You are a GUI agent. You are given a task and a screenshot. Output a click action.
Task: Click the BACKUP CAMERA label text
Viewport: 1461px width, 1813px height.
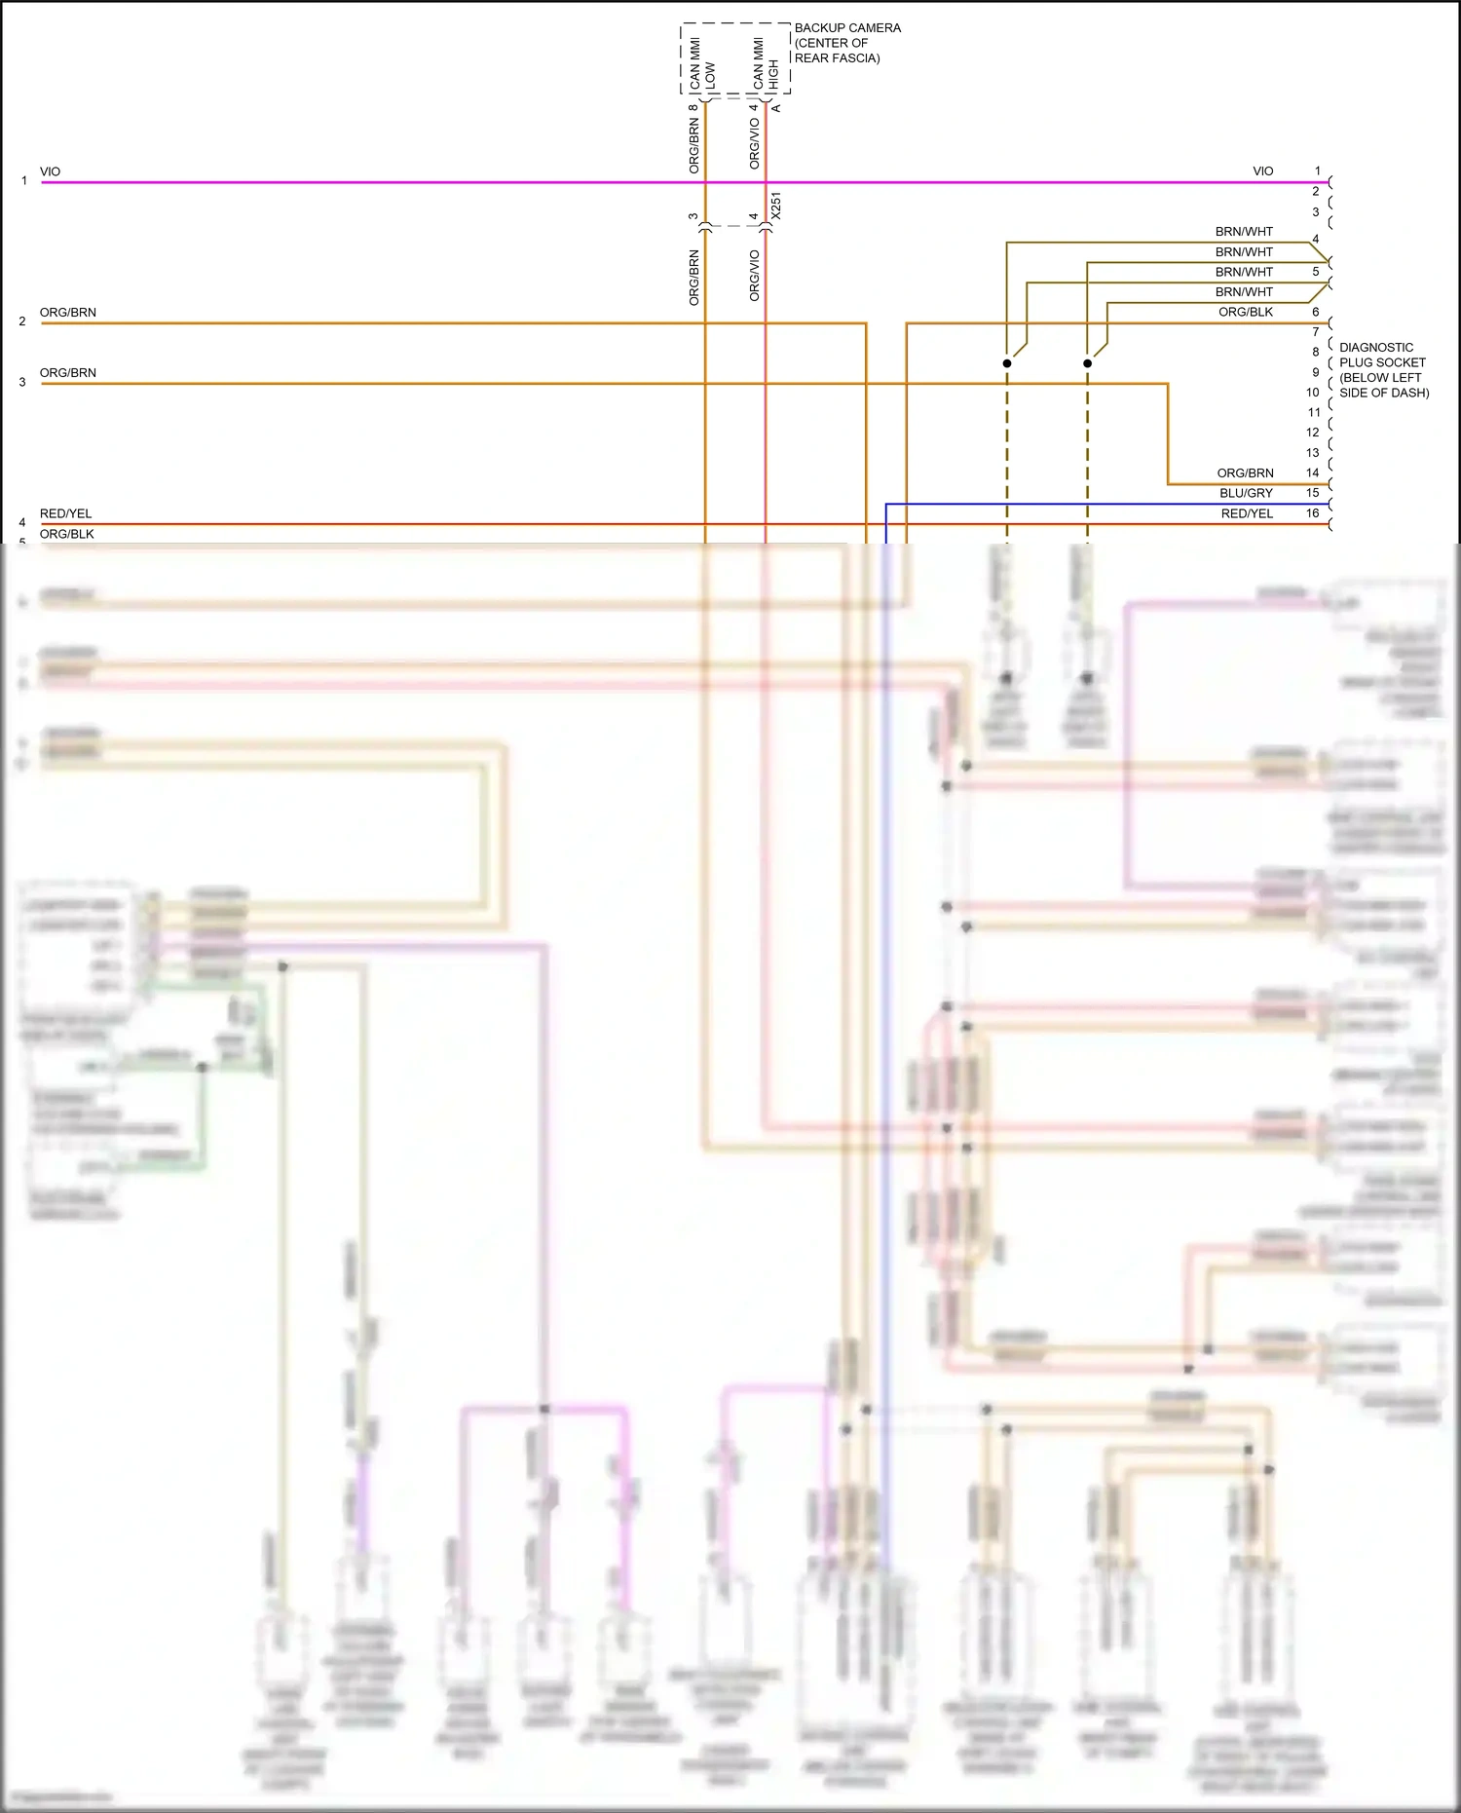pos(847,28)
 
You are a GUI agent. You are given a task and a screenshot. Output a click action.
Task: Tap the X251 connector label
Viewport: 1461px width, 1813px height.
pos(775,206)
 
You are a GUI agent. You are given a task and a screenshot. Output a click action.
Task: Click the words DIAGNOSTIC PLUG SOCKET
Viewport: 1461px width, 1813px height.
pos(1382,355)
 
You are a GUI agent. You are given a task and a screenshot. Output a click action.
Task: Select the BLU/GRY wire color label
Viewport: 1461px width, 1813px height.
pos(1246,493)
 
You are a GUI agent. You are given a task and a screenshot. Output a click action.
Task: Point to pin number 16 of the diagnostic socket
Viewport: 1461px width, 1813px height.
pos(1312,513)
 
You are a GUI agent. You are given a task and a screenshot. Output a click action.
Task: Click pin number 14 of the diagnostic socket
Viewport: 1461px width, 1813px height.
pos(1312,472)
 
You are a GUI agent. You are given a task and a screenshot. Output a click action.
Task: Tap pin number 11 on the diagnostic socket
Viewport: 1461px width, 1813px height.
pos(1314,412)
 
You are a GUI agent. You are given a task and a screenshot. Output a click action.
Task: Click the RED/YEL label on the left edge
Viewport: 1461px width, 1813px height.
pos(66,513)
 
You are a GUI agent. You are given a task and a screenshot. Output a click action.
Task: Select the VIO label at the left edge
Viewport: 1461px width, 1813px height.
pos(50,171)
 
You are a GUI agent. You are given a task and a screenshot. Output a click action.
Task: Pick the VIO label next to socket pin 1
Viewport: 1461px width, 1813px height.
pos(1262,171)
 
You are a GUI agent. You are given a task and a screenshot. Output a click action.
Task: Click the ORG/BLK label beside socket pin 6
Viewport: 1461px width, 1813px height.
pos(1246,312)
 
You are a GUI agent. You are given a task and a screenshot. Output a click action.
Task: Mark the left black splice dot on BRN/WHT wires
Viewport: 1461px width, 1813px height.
pos(1007,363)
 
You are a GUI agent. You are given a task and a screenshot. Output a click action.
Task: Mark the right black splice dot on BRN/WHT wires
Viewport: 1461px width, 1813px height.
pos(1087,363)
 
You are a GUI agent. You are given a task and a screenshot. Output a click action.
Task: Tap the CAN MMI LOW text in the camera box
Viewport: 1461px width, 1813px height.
pos(702,64)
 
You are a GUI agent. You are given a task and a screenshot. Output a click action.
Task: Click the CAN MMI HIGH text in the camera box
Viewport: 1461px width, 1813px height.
pos(766,64)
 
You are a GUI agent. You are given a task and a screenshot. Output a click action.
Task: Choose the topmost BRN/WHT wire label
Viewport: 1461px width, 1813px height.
pos(1244,232)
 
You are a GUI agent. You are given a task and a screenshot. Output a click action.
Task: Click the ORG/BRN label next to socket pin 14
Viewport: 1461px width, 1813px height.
pos(1245,472)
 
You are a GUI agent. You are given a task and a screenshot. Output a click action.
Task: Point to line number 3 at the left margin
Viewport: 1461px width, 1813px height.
pos(22,382)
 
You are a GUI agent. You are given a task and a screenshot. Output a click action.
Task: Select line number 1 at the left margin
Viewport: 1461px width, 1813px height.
pos(24,180)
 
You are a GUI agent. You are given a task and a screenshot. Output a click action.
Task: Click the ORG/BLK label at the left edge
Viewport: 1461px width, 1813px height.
pos(67,534)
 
